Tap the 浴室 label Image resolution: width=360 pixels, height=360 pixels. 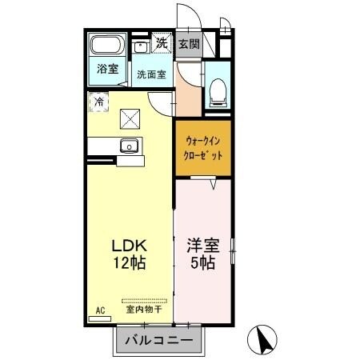(x=108, y=68)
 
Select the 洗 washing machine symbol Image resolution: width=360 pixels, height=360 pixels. (x=162, y=43)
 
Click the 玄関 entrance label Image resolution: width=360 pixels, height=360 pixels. (x=189, y=44)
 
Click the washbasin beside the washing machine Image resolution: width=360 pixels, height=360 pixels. (x=141, y=46)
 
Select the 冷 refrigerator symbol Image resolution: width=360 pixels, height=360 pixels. (x=98, y=101)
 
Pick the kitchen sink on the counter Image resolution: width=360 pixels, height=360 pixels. (x=128, y=146)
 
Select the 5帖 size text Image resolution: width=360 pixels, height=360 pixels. (x=202, y=262)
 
